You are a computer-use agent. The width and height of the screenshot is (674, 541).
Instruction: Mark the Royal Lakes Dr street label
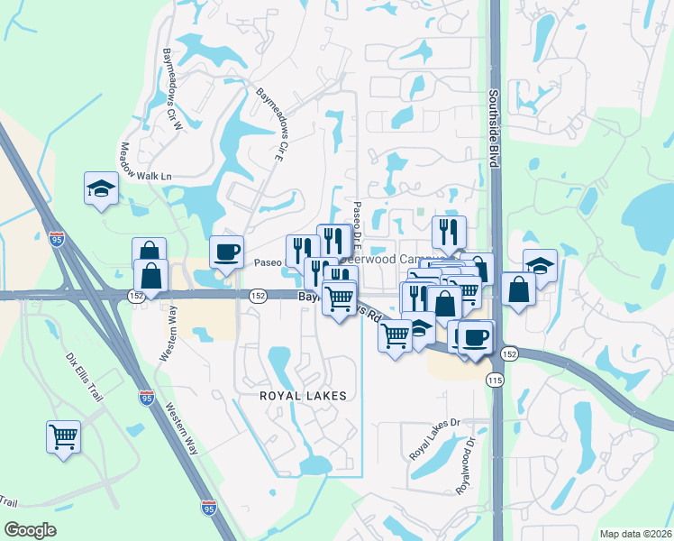pos(435,438)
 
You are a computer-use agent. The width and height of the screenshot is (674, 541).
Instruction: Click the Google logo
pos(30,530)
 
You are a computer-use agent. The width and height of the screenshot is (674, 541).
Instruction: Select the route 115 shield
pos(494,381)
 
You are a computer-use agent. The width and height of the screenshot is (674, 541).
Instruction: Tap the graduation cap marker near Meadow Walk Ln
pos(102,189)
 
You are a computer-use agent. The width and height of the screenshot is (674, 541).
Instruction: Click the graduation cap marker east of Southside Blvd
pos(540,265)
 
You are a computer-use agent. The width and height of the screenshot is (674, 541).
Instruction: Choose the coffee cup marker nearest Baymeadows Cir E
pos(226,252)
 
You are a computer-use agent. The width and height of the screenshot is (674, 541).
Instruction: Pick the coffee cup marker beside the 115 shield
pos(476,336)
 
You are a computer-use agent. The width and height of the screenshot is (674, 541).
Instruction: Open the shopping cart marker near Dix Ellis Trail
pos(64,437)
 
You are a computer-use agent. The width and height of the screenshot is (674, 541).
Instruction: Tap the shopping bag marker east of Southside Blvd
pos(518,289)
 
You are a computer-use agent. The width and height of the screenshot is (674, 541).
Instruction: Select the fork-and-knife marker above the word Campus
pos(449,233)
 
